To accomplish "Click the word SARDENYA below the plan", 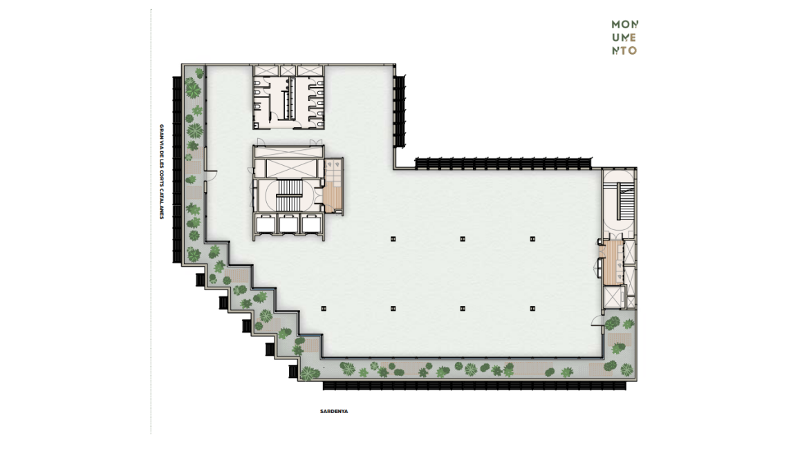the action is coord(334,411).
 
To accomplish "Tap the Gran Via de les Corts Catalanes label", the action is coord(162,172).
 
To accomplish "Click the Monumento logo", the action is coord(624,37).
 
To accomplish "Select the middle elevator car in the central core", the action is coord(288,224).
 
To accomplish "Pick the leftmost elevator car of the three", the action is coord(266,224).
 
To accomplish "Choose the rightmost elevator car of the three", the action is coord(311,224).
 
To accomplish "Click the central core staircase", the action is coord(289,195).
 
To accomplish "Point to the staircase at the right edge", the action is coord(624,202).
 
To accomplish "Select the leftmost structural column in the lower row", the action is coord(324,308).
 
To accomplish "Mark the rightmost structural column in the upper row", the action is coord(532,238).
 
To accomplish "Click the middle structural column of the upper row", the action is coord(463,238).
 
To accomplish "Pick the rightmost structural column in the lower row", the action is coord(532,308).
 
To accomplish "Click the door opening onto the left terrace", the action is coord(211,176).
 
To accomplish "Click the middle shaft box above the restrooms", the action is coord(288,70).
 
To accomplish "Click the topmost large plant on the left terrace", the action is coord(193,90).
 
